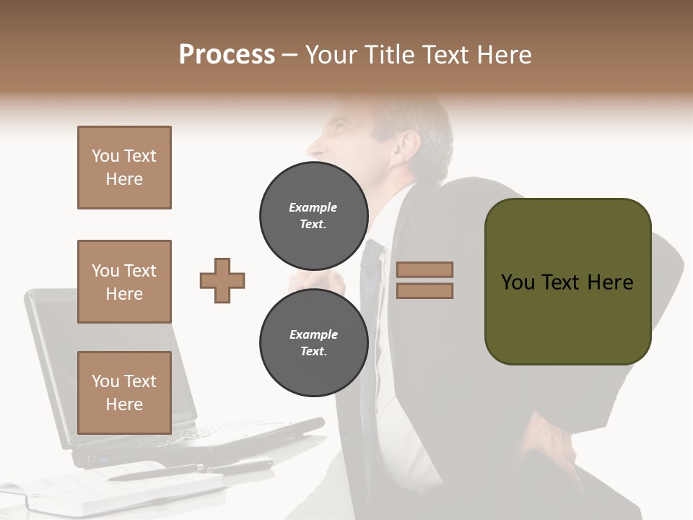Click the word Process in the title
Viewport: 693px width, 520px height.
(x=227, y=55)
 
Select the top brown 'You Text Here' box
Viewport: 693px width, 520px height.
(x=124, y=168)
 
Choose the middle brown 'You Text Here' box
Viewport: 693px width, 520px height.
(x=124, y=282)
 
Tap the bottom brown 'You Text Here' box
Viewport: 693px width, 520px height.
(x=124, y=392)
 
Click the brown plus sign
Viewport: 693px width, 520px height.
(x=222, y=280)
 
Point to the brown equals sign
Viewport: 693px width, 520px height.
(x=424, y=280)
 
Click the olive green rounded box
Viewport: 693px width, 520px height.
(x=567, y=282)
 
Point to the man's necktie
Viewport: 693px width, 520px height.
(x=370, y=303)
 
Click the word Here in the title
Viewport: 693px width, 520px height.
(x=502, y=55)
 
